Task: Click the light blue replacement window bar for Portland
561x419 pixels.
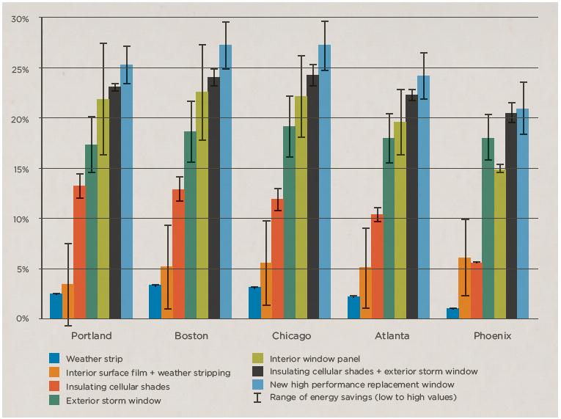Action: click(126, 191)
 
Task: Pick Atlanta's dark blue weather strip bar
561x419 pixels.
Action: click(353, 307)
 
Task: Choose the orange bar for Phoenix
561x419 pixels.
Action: click(464, 288)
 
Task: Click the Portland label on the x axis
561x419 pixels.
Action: click(92, 336)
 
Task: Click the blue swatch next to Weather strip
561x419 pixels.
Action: click(54, 359)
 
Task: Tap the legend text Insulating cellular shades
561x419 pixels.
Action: click(117, 387)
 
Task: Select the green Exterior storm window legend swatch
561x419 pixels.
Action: click(54, 401)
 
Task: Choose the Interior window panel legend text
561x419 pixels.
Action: click(315, 359)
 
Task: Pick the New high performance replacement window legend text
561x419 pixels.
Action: click(362, 385)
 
